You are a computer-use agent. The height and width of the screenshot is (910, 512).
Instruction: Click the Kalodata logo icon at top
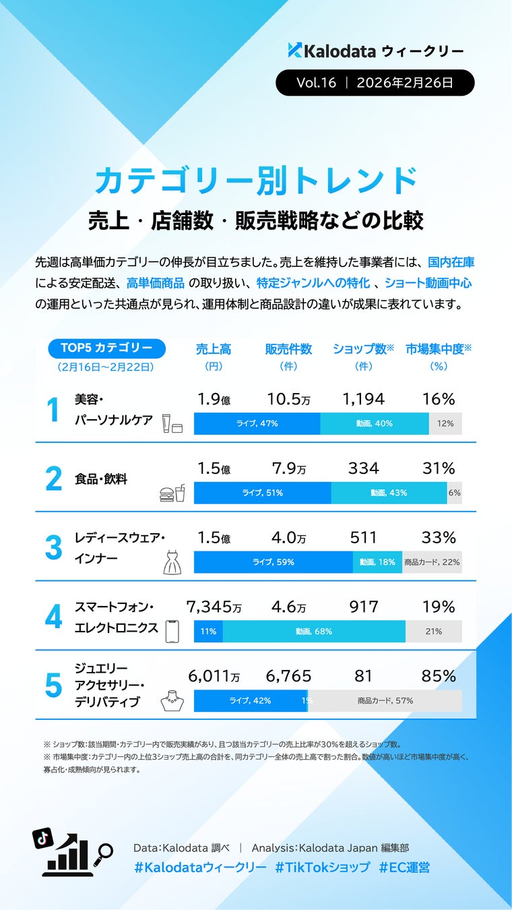(295, 50)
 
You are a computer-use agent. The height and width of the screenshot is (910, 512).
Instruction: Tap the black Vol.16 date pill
(375, 83)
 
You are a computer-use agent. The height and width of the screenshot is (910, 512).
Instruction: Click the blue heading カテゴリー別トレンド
(256, 181)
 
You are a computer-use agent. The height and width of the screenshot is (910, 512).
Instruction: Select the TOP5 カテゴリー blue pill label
(107, 348)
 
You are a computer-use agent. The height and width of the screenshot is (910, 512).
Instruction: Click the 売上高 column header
(214, 349)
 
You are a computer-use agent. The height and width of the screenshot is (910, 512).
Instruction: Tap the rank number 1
(54, 412)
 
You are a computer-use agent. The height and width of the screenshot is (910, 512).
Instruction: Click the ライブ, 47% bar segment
(257, 423)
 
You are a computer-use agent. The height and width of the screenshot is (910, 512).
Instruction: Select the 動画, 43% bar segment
(389, 493)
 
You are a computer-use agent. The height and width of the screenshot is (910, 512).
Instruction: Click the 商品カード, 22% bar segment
(432, 562)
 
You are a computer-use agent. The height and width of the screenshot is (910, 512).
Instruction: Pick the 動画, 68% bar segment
(314, 632)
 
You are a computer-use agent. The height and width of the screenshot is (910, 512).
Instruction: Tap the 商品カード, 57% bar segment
(385, 701)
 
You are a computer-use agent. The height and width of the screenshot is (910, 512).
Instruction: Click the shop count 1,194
(364, 399)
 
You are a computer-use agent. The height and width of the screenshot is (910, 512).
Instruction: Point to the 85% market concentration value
(439, 676)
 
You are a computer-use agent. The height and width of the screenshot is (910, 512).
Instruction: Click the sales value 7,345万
(214, 607)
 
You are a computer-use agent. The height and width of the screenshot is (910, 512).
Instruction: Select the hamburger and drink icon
(172, 494)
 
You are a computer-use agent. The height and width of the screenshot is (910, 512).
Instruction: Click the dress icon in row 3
(172, 562)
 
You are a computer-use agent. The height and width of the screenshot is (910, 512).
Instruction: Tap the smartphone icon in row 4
(172, 631)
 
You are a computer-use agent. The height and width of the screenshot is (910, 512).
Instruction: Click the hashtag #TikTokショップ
(322, 868)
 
